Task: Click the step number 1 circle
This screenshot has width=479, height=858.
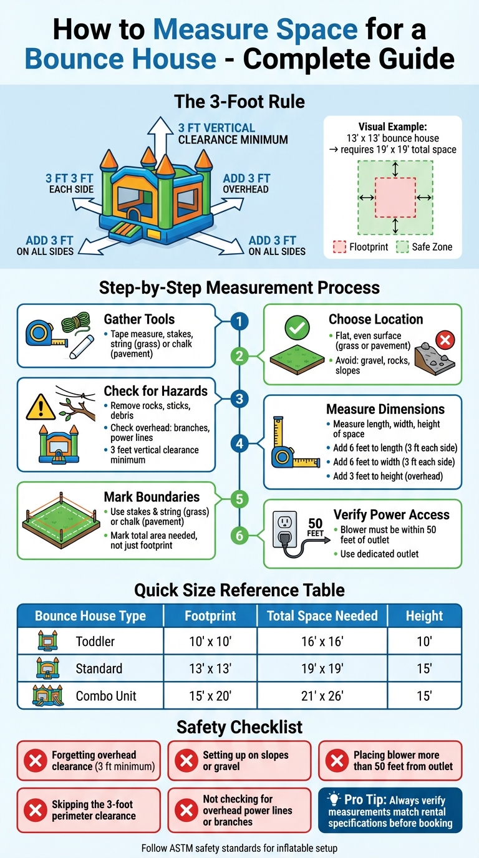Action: pyautogui.click(x=239, y=321)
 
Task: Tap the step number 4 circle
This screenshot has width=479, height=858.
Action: pyautogui.click(x=239, y=444)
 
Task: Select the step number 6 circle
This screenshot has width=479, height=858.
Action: pyautogui.click(x=239, y=535)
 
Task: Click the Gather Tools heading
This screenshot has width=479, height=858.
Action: pyautogui.click(x=139, y=319)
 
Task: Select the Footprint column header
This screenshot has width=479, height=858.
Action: pyautogui.click(x=210, y=616)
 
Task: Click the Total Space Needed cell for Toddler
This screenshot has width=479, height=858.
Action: pyautogui.click(x=322, y=642)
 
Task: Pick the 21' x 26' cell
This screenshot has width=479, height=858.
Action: pyautogui.click(x=322, y=696)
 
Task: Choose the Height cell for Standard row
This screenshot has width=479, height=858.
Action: pyautogui.click(x=424, y=668)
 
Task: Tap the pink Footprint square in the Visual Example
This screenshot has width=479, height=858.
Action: pyautogui.click(x=395, y=197)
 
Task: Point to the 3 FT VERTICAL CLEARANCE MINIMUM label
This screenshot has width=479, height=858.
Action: pyautogui.click(x=233, y=133)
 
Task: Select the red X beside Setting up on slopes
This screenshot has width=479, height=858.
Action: pyautogui.click(x=185, y=761)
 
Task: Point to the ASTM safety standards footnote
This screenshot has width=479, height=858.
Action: pyautogui.click(x=239, y=847)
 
